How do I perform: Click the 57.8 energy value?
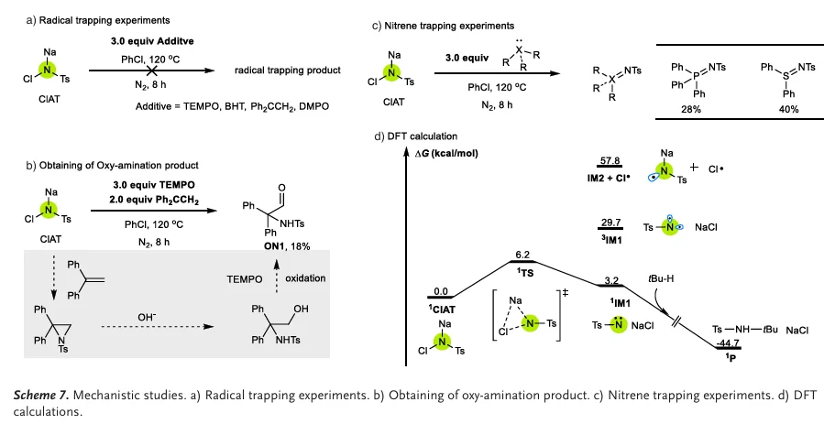tap(610, 160)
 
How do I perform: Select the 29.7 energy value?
tap(610, 222)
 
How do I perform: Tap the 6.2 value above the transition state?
tap(522, 255)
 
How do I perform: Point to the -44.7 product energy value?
tap(728, 342)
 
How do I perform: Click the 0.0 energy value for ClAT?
tap(441, 291)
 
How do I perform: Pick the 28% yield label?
tap(691, 109)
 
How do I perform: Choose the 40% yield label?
tap(788, 109)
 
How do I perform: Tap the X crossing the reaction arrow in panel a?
tap(152, 71)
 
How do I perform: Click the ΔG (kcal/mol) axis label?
tap(446, 153)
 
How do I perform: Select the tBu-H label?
tap(661, 278)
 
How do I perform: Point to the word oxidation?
tap(305, 278)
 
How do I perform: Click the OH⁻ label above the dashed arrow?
tap(147, 317)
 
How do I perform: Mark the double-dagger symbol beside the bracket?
tap(565, 292)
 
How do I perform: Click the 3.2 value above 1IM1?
tap(611, 280)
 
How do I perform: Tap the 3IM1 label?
tap(611, 240)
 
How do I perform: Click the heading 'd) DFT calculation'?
tap(416, 136)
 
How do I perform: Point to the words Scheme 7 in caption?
tap(41, 396)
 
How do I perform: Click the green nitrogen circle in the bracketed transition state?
tap(530, 323)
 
